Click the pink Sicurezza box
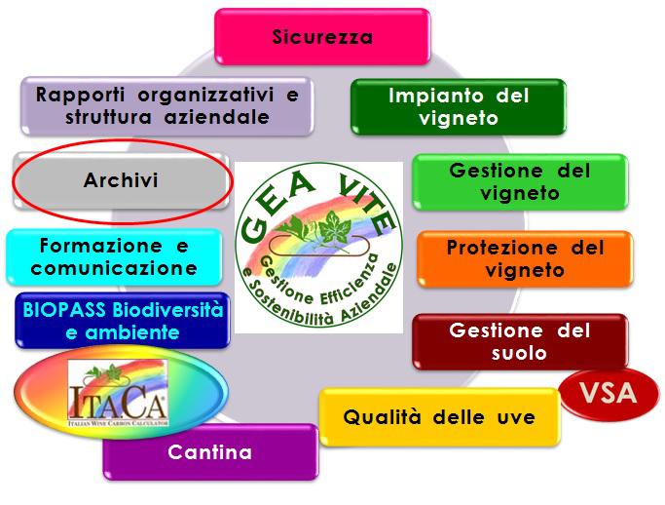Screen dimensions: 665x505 (x=322, y=36)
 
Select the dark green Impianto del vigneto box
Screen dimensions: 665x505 (x=459, y=106)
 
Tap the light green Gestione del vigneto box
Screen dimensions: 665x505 (x=520, y=181)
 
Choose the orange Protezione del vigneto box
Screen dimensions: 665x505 (x=525, y=258)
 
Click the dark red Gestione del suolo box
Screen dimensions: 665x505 (x=520, y=341)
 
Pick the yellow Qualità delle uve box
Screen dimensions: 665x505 (x=439, y=417)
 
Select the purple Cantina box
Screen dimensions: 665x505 (x=210, y=452)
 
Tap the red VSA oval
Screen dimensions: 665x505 (x=610, y=394)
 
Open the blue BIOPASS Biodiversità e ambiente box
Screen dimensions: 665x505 (x=123, y=321)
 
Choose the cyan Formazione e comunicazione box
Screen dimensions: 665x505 (x=114, y=257)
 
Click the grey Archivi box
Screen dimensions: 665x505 (x=122, y=180)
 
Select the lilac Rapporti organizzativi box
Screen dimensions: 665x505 (x=167, y=105)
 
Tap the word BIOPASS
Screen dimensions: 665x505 (x=64, y=310)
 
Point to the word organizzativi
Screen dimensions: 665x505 (x=205, y=96)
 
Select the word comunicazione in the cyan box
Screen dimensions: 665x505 (x=114, y=268)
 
